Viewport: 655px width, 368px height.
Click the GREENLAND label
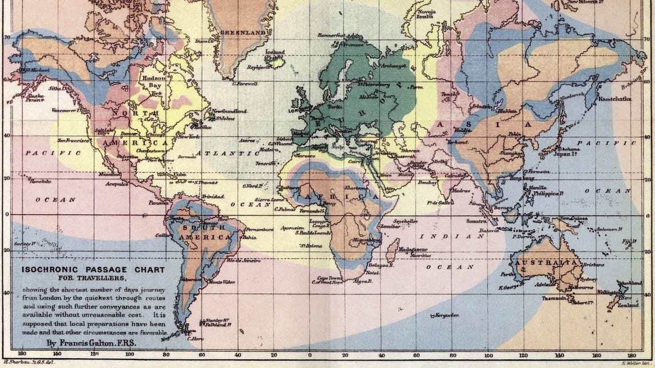click(x=243, y=33)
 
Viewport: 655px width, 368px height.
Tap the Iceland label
click(x=275, y=52)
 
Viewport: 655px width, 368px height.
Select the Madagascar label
click(x=414, y=249)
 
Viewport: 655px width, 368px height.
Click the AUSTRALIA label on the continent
click(x=546, y=262)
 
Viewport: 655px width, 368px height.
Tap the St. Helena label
click(x=309, y=246)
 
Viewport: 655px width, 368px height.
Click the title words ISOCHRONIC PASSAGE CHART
click(x=93, y=270)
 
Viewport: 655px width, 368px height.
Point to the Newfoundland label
click(x=229, y=111)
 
